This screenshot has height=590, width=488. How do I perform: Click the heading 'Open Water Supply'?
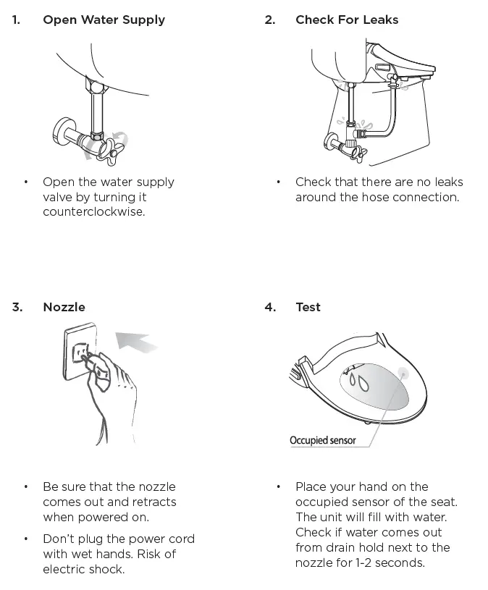coord(104,20)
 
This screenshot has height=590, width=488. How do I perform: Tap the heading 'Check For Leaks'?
coord(346,20)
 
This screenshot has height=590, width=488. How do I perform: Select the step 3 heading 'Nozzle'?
coord(64,307)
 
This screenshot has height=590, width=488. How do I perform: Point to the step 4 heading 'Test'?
coord(308,307)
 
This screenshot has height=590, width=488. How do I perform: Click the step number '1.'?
coord(16,20)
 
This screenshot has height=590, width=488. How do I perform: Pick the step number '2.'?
coord(270,20)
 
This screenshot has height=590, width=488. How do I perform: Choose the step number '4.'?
coord(270,307)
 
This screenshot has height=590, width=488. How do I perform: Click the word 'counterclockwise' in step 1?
coord(93,212)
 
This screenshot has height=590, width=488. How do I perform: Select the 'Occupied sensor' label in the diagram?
coord(322,440)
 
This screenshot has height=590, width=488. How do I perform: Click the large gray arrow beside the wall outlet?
coord(137,340)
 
